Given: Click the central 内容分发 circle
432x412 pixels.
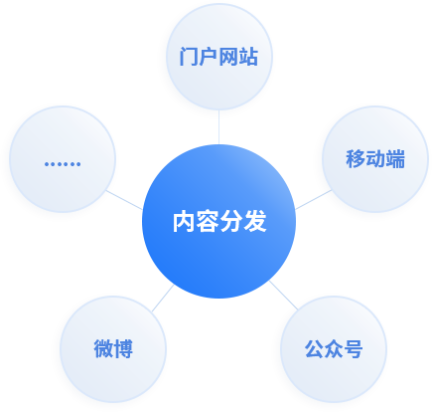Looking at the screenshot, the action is [x=218, y=221].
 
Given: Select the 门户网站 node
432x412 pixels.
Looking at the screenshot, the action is [x=219, y=57].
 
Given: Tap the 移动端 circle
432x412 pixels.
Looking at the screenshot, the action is [x=375, y=159].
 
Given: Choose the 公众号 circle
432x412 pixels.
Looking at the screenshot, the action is [x=334, y=349].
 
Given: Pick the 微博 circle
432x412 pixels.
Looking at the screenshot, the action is [x=113, y=349].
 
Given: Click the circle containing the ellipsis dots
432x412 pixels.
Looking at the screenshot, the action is [x=63, y=159].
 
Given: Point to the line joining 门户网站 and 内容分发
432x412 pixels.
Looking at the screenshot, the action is [x=218, y=127].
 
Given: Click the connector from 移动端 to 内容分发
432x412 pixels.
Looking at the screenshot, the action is [x=313, y=200].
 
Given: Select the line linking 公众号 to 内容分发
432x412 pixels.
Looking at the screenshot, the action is [x=284, y=295].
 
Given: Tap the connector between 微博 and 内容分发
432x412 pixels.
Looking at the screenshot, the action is [x=163, y=298].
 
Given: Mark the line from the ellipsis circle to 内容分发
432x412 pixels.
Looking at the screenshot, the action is [x=124, y=200].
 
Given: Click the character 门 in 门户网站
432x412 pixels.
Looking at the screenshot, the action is [x=189, y=57].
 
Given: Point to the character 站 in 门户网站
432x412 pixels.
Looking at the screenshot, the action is [x=248, y=57].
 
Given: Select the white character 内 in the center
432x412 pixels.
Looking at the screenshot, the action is [x=184, y=222].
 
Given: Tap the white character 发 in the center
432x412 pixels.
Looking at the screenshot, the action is [x=255, y=222].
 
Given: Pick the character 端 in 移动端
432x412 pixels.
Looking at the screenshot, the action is [x=395, y=159].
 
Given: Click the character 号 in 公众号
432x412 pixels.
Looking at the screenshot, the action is [x=354, y=349].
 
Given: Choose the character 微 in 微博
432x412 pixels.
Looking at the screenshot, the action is [x=103, y=349].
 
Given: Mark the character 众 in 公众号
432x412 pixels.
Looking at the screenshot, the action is [x=334, y=349].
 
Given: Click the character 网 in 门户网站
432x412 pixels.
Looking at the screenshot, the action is [x=228, y=57].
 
